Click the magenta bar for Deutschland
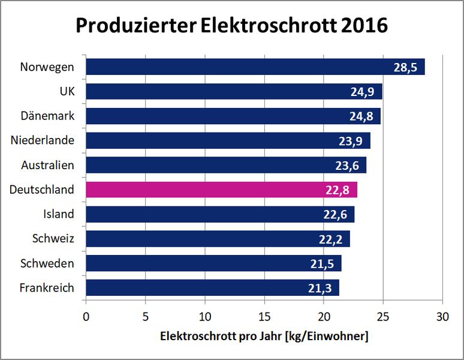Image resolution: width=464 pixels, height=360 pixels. pyautogui.click(x=221, y=190)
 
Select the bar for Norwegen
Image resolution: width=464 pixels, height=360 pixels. pyautogui.click(x=255, y=67)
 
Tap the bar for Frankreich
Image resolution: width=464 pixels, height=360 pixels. pyautogui.click(x=212, y=288)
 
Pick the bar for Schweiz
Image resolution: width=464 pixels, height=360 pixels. pyautogui.click(x=218, y=239)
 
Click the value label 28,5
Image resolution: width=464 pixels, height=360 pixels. pyautogui.click(x=406, y=67)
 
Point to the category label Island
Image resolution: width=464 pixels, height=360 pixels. pyautogui.click(x=59, y=214)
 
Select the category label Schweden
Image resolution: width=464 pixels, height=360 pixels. pyautogui.click(x=47, y=263)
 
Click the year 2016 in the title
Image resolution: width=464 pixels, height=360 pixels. pyautogui.click(x=363, y=26)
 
